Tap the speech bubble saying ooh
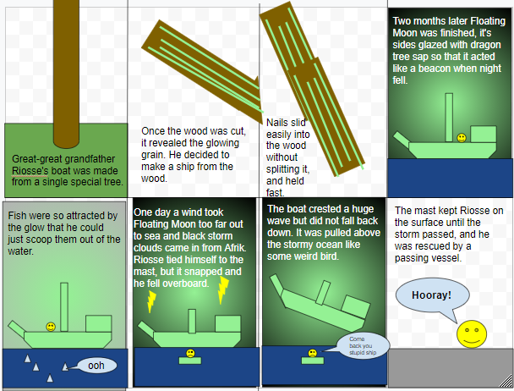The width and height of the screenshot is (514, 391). pyautogui.click(x=96, y=366)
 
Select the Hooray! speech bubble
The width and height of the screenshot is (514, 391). pyautogui.click(x=431, y=295)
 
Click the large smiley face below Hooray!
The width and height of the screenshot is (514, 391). pyautogui.click(x=470, y=333)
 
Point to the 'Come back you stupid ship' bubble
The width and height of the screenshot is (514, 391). pyautogui.click(x=364, y=344)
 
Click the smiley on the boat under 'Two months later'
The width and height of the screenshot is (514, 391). pyautogui.click(x=461, y=137)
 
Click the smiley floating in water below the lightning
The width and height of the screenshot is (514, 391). pyautogui.click(x=190, y=353)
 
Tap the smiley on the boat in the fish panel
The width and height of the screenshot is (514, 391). pyautogui.click(x=51, y=327)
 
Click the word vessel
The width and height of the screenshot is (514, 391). pyautogui.click(x=446, y=257)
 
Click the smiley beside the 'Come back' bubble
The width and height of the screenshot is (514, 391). pyautogui.click(x=313, y=353)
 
